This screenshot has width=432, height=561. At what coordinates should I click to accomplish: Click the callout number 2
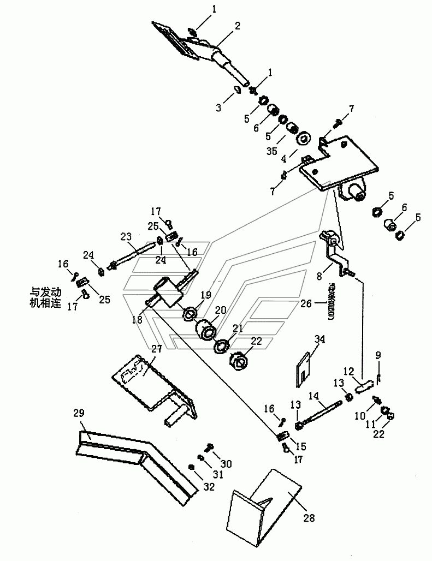(237, 26)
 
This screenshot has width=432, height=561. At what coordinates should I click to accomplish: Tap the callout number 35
(271, 151)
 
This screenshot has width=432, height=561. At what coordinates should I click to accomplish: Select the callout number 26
(306, 303)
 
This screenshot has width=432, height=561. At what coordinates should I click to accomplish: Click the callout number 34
(319, 338)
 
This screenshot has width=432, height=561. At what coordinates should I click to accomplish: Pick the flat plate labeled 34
(303, 370)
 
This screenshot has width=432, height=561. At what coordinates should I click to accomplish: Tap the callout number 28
(309, 517)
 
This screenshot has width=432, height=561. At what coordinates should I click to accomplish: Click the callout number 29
(79, 413)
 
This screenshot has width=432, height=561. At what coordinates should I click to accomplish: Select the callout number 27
(156, 349)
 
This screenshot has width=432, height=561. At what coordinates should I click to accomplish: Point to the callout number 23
(126, 236)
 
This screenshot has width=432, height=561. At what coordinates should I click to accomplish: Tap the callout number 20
(221, 310)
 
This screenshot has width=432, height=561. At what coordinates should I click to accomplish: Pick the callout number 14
(313, 395)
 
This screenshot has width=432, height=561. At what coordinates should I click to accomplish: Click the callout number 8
(319, 276)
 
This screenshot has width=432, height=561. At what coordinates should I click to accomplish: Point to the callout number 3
(218, 108)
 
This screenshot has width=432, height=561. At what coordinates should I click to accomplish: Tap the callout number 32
(209, 486)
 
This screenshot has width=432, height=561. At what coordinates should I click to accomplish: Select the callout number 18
(137, 319)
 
